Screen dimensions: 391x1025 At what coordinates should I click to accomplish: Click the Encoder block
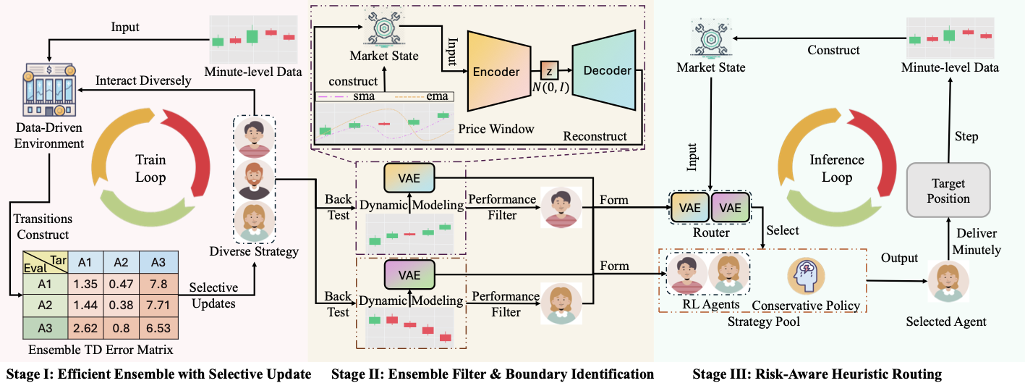497,72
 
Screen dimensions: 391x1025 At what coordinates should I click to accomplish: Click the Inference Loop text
837,168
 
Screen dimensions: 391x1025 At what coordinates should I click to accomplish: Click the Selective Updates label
213,295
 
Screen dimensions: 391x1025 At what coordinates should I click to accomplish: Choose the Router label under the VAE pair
712,232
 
